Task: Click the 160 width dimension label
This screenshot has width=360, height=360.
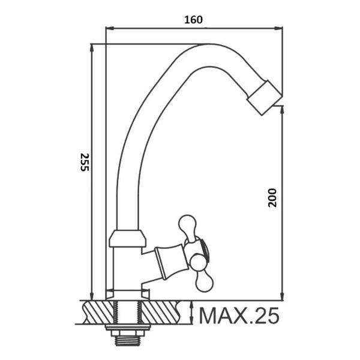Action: pyautogui.click(x=194, y=20)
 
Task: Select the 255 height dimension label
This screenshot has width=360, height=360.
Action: pyautogui.click(x=84, y=162)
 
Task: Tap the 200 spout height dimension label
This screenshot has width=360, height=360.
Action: pyautogui.click(x=272, y=197)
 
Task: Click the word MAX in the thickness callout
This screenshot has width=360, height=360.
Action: pyautogui.click(x=224, y=316)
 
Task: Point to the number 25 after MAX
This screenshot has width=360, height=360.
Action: pyautogui.click(x=266, y=316)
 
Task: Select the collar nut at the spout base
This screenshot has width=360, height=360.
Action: pyautogui.click(x=127, y=238)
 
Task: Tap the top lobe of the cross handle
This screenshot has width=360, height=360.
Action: pyautogui.click(x=188, y=226)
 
